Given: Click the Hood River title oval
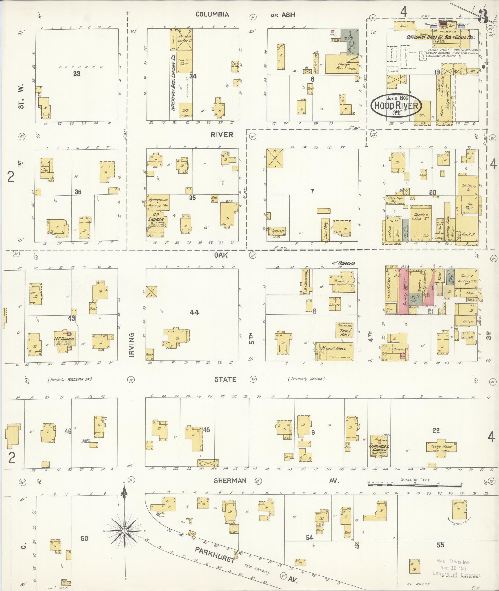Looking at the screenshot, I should click(x=396, y=105).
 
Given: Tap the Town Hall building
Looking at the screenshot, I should click(x=345, y=330).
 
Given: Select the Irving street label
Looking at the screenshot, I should click(x=132, y=345).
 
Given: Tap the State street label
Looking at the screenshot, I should click(x=225, y=379).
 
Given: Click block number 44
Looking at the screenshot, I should click(x=194, y=313).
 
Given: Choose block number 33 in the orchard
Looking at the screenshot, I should click(x=77, y=74).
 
